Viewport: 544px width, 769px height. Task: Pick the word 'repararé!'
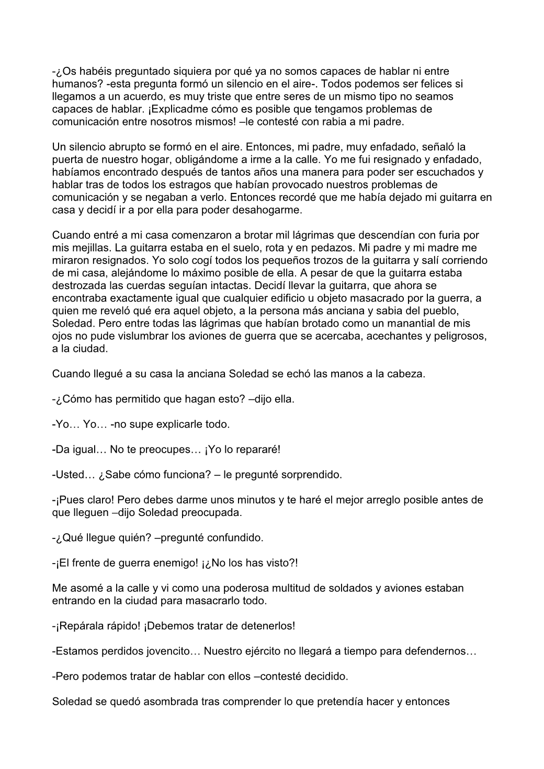(256, 450)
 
